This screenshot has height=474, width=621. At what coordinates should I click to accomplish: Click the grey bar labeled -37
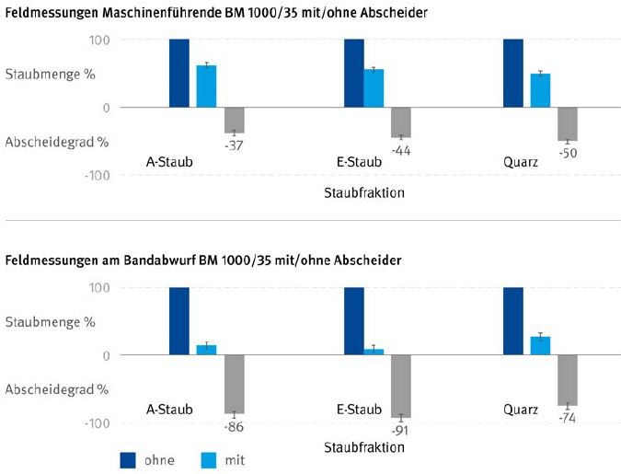click(x=234, y=120)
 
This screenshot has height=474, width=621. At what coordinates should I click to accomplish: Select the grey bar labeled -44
click(x=400, y=121)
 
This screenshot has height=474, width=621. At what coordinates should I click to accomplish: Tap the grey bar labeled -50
click(x=567, y=123)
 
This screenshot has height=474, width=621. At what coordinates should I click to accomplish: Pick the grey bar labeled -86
click(x=234, y=384)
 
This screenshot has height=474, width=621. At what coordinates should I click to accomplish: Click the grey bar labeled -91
click(x=400, y=386)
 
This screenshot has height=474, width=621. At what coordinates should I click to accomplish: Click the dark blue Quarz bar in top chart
click(x=513, y=74)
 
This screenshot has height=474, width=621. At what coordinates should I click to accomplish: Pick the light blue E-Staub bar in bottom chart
click(x=374, y=352)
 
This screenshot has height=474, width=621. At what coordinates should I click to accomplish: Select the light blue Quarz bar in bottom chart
click(x=540, y=345)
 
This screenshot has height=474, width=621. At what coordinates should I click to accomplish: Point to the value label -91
click(x=400, y=429)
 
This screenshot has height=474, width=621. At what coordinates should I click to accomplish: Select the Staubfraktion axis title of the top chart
click(x=364, y=193)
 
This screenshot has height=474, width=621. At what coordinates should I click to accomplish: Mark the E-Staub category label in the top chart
click(x=359, y=163)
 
